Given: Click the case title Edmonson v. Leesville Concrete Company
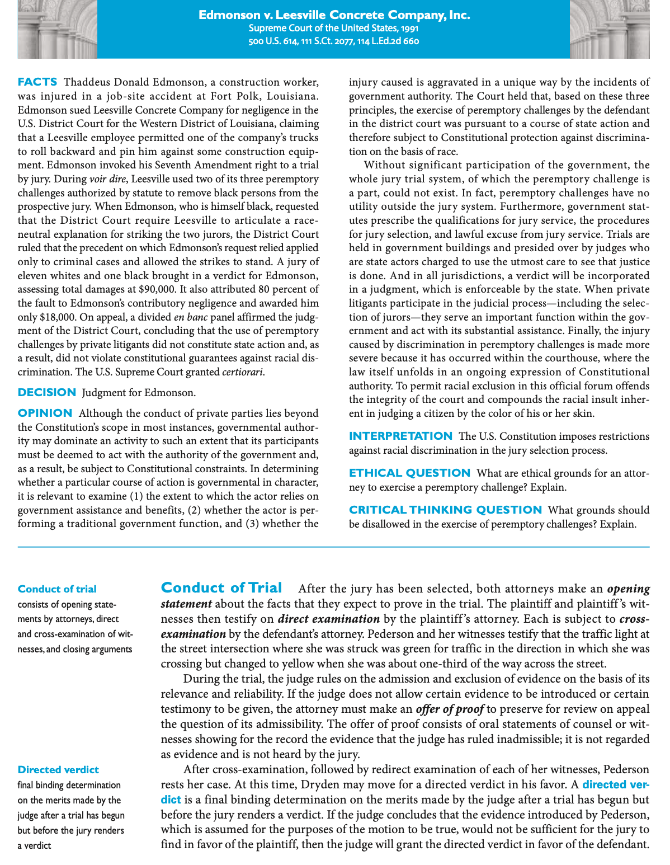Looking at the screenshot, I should click(334, 15).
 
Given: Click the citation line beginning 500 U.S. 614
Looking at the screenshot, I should click(334, 41).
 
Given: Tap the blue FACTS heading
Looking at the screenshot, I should click(37, 82).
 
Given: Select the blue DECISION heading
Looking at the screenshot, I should click(47, 392).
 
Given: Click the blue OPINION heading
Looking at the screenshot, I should click(45, 413).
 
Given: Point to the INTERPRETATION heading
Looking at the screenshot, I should click(400, 436).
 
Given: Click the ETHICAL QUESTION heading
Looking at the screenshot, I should click(409, 473).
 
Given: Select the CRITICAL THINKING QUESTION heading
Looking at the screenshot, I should click(445, 510).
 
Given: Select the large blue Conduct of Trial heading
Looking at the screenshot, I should click(221, 587).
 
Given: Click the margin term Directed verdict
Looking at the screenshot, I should click(58, 770).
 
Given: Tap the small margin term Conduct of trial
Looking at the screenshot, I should click(57, 589).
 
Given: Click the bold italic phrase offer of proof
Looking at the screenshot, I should click(450, 709).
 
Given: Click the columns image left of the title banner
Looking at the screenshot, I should click(57, 29).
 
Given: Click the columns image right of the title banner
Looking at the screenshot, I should click(610, 29).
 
